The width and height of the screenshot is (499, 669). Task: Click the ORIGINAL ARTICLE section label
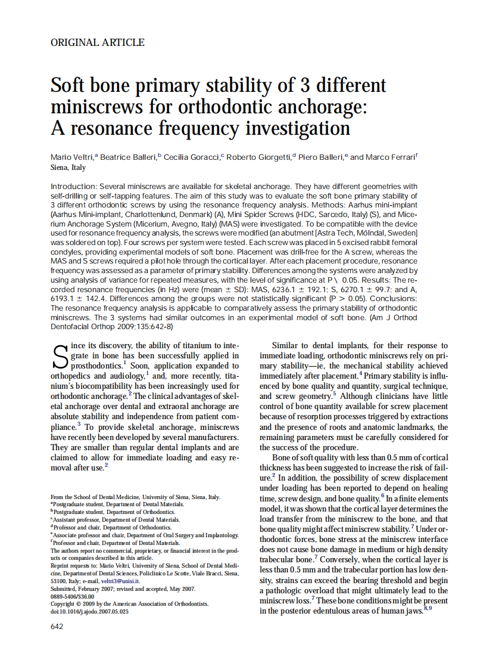tap(98, 42)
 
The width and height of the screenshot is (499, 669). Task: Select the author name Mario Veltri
tap(72, 157)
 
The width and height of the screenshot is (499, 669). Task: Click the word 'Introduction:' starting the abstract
tap(74, 187)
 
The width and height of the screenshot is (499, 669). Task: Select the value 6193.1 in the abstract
tap(65, 298)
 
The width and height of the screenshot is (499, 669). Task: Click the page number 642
tap(57, 626)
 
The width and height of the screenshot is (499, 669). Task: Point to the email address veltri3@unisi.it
tap(125, 580)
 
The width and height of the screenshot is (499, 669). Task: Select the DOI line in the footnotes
tap(89, 611)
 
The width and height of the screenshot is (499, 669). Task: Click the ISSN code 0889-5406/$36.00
tap(72, 596)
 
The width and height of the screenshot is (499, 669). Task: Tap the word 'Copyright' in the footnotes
tap(64, 603)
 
